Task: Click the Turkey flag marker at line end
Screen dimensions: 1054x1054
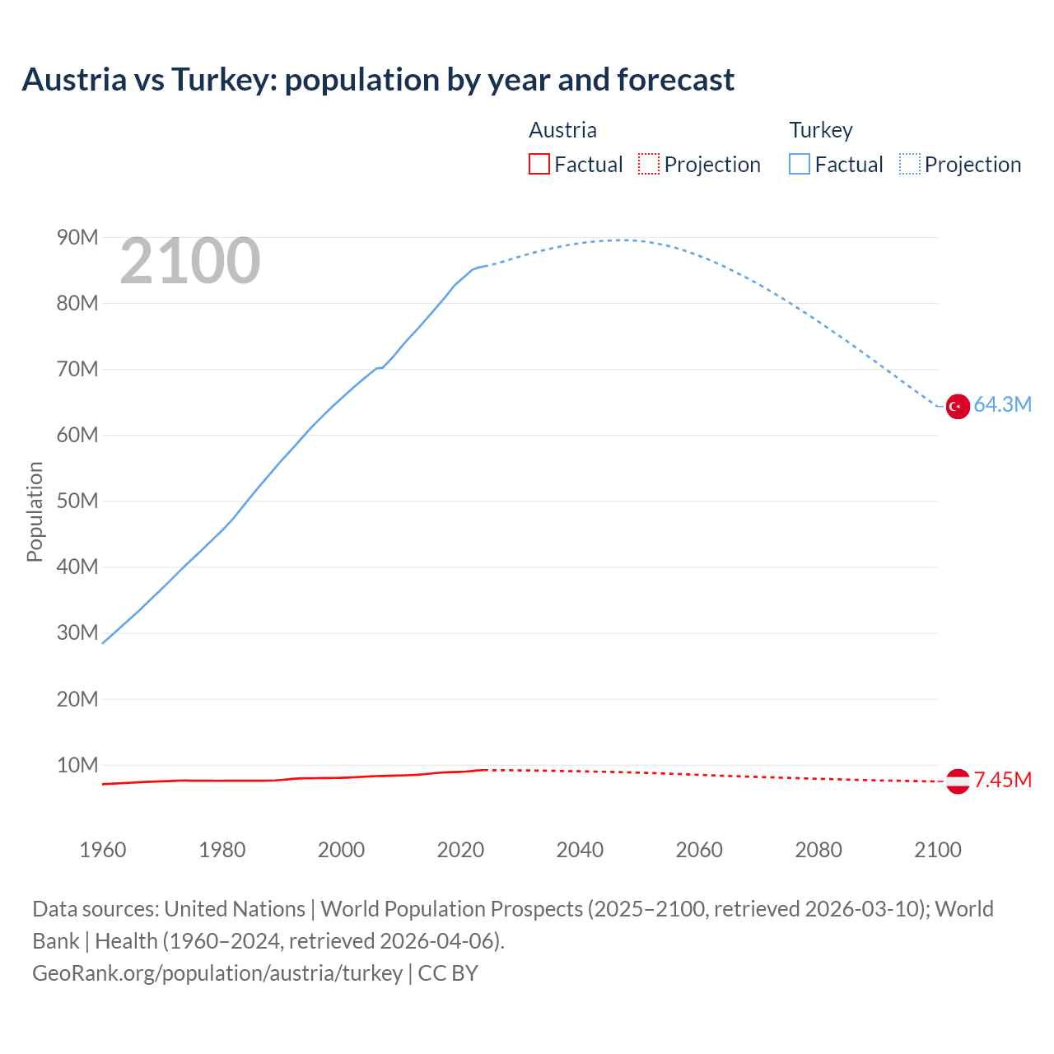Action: tap(958, 406)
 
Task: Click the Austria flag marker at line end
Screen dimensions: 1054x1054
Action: tap(958, 781)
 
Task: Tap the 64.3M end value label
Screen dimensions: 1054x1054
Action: tap(1002, 404)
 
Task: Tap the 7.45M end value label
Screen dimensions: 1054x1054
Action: tap(1002, 780)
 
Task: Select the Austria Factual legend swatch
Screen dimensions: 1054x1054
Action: tap(539, 164)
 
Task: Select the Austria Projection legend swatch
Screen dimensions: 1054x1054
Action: tap(649, 164)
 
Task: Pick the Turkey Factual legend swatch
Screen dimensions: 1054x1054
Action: tap(800, 164)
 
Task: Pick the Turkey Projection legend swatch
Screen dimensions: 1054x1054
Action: tap(910, 164)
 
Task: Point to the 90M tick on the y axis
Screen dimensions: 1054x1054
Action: tap(77, 237)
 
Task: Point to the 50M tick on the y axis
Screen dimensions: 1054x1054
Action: tap(77, 501)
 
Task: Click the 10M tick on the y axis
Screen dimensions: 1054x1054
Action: tap(77, 765)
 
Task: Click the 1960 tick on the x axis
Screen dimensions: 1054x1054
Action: tap(103, 850)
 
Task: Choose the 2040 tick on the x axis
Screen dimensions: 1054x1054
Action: tap(580, 850)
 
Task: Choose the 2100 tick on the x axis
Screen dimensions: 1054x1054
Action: tap(937, 850)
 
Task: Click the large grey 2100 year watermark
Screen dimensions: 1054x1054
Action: tap(190, 261)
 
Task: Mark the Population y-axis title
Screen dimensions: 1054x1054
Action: tap(35, 511)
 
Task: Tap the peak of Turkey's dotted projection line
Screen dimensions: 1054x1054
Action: tap(622, 240)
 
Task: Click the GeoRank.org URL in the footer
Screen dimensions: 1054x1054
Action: tap(217, 972)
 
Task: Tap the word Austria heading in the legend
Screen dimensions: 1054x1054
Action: tap(562, 130)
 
